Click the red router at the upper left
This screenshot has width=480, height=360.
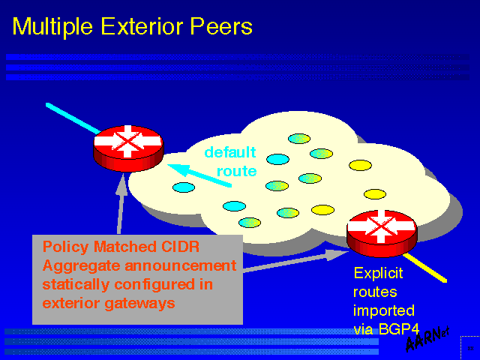(x=128, y=146)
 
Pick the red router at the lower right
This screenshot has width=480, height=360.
(x=382, y=230)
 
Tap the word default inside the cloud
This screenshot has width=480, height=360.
(x=230, y=152)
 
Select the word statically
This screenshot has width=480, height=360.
(x=77, y=285)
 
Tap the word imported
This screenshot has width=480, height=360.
(x=383, y=310)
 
